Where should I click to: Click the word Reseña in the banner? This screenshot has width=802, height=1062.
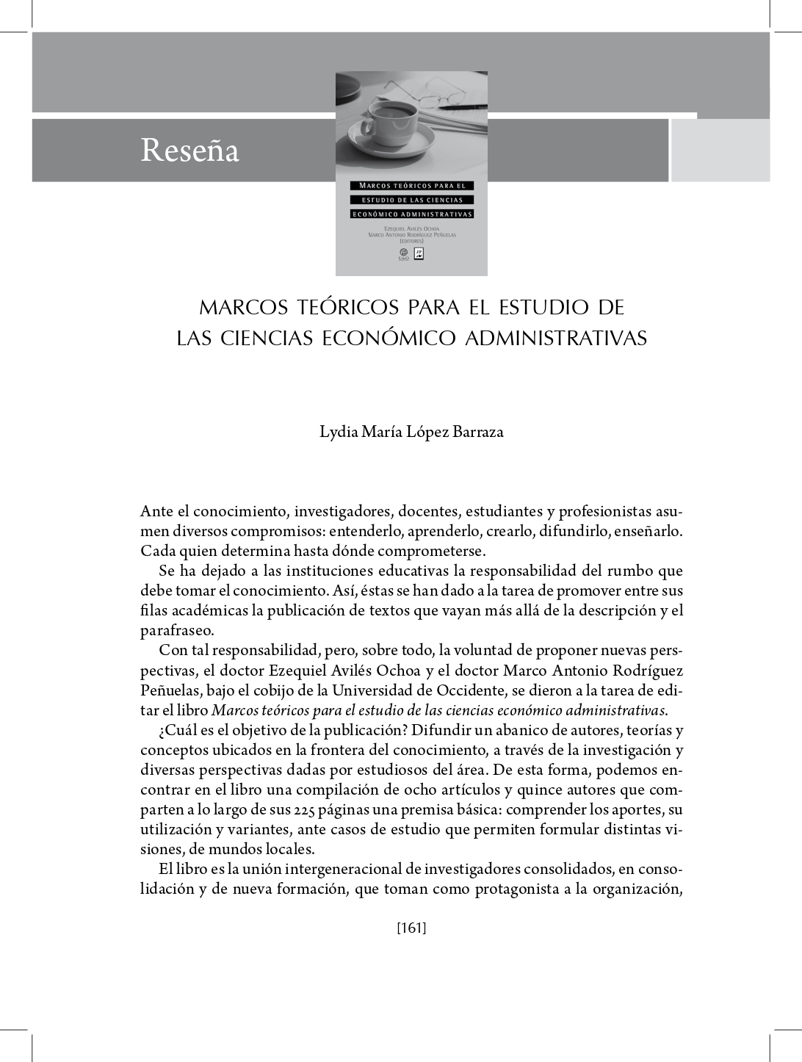(189, 151)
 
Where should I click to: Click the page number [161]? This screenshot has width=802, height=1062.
(411, 928)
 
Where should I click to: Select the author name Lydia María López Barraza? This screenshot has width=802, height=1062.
(411, 431)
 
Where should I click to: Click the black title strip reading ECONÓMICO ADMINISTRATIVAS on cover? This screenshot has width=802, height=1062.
(411, 214)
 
